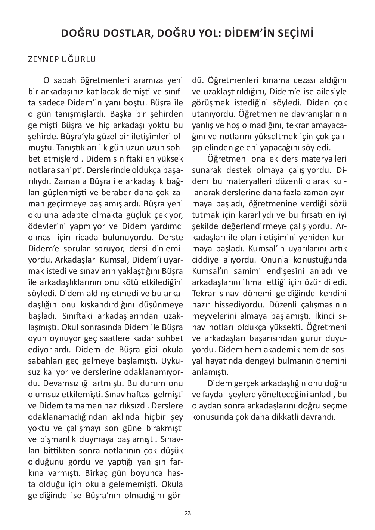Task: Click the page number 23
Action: point(187,513)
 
